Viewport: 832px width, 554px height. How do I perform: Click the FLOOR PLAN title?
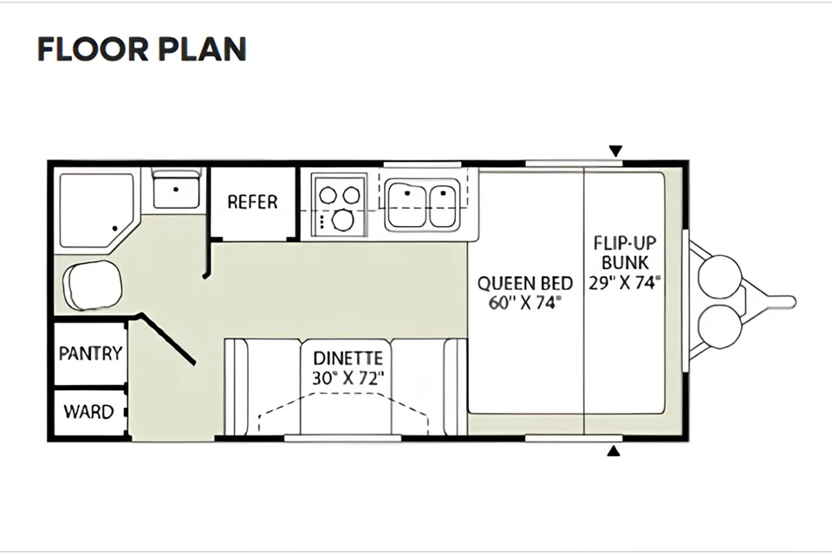pyautogui.click(x=141, y=49)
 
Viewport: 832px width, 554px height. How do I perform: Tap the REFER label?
pyautogui.click(x=252, y=202)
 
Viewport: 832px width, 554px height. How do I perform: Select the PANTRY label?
pyautogui.click(x=90, y=353)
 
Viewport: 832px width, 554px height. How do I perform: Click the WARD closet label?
pyautogui.click(x=88, y=412)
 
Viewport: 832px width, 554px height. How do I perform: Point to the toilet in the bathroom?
pyautogui.click(x=93, y=285)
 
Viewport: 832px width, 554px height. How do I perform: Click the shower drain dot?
pyautogui.click(x=114, y=229)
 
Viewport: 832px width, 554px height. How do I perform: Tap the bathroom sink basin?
pyautogui.click(x=176, y=193)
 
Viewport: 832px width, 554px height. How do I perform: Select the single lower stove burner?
pyautogui.click(x=343, y=220)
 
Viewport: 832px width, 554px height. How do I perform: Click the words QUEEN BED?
pyautogui.click(x=525, y=284)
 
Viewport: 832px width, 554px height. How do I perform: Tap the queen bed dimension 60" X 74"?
pyautogui.click(x=525, y=303)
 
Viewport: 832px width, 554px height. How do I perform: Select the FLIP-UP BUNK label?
pyautogui.click(x=625, y=253)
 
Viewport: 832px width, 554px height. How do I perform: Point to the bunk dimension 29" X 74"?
pyautogui.click(x=625, y=282)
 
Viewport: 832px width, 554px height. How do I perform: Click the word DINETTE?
pyautogui.click(x=348, y=359)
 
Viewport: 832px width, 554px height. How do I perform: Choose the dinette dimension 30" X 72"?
pyautogui.click(x=348, y=378)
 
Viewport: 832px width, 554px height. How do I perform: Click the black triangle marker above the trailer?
pyautogui.click(x=615, y=151)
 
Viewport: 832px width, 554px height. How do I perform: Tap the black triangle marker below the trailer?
pyautogui.click(x=614, y=451)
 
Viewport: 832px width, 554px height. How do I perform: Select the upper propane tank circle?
pyautogui.click(x=719, y=277)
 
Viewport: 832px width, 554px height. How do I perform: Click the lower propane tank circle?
pyautogui.click(x=719, y=326)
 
